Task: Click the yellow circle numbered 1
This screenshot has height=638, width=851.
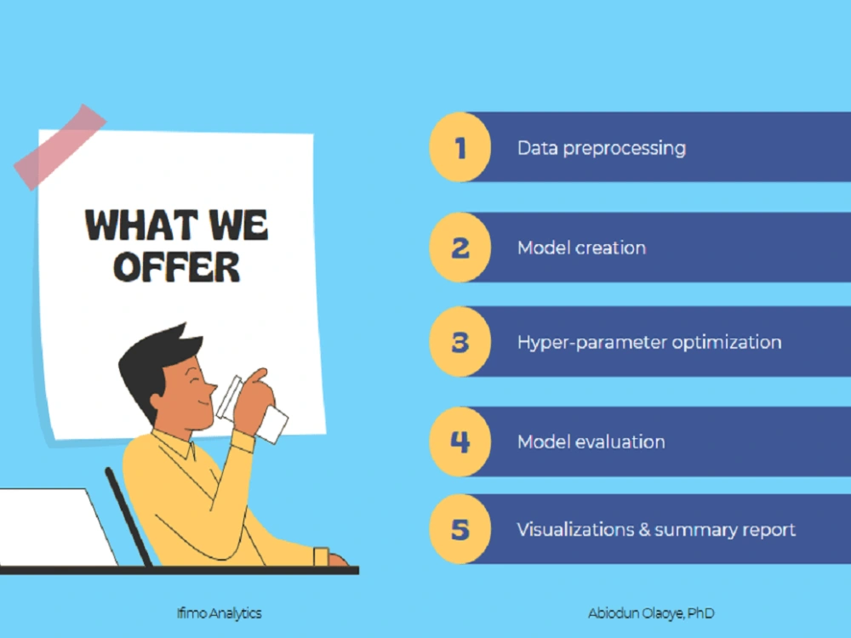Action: [x=460, y=147]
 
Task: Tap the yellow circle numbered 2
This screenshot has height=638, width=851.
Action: [x=460, y=248]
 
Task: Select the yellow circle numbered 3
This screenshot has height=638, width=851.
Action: [x=460, y=342]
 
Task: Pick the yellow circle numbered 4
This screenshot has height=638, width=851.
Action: [x=460, y=441]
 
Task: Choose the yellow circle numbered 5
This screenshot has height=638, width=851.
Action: [x=460, y=529]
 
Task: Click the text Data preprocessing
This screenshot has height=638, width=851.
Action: [x=601, y=148]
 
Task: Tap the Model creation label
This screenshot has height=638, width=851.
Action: [x=581, y=248]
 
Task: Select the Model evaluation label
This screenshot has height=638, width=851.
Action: [x=591, y=442]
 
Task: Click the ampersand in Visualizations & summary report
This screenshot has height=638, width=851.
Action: [x=648, y=529]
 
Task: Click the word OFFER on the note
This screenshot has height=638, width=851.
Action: [x=177, y=266]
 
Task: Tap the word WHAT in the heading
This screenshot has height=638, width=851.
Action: [x=136, y=225]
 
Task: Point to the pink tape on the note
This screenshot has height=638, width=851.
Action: [x=59, y=146]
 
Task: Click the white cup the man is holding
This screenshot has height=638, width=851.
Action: [x=271, y=423]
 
